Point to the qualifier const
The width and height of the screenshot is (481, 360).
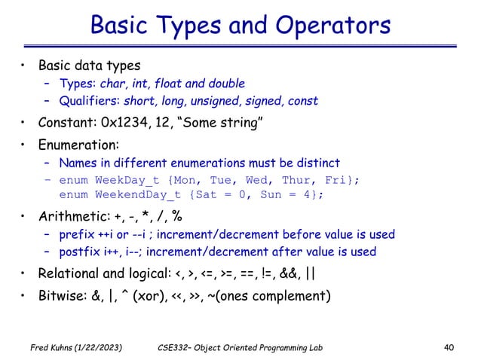[303, 101]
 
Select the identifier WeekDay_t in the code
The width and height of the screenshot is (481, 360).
[124, 180]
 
